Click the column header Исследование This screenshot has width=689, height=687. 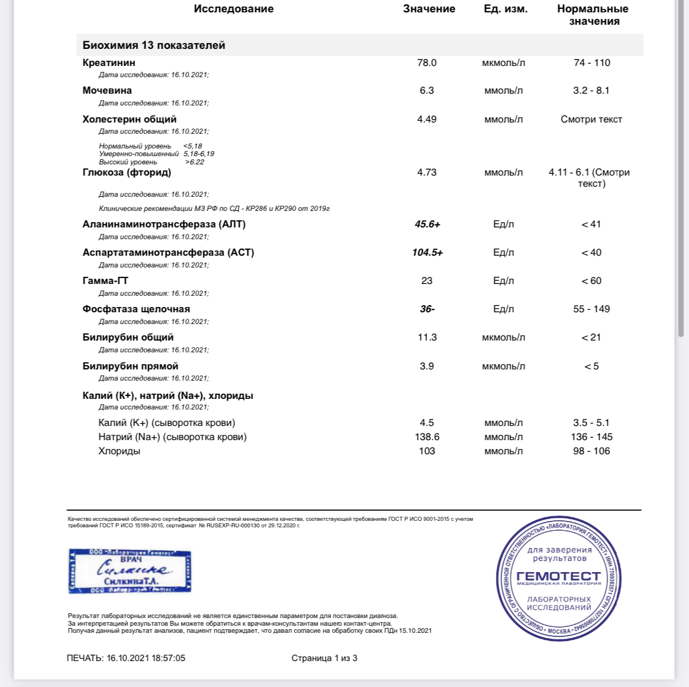pyautogui.click(x=233, y=9)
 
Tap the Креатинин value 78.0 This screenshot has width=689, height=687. pyautogui.click(x=427, y=63)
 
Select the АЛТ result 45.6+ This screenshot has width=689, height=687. pyautogui.click(x=427, y=224)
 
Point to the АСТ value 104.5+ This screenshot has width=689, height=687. pyautogui.click(x=427, y=253)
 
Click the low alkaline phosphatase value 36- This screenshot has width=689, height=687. pyautogui.click(x=427, y=309)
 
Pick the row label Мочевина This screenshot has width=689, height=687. pyautogui.click(x=107, y=91)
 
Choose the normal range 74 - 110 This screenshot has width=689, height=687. pyautogui.click(x=592, y=63)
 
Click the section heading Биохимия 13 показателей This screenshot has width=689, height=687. pyautogui.click(x=154, y=45)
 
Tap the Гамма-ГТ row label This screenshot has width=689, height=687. pyautogui.click(x=105, y=281)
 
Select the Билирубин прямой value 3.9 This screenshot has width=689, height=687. pyautogui.click(x=427, y=366)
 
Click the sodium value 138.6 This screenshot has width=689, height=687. pyautogui.click(x=427, y=437)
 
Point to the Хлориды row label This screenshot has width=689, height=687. pyautogui.click(x=119, y=451)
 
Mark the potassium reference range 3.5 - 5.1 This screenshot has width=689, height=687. pyautogui.click(x=591, y=423)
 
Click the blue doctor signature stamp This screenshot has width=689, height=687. pyautogui.click(x=130, y=571)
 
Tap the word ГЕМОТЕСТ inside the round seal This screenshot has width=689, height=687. pyautogui.click(x=558, y=576)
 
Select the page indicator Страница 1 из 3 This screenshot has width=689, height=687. pyautogui.click(x=324, y=658)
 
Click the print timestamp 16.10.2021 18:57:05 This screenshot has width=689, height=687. pyautogui.click(x=146, y=658)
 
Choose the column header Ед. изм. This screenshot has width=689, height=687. pyautogui.click(x=505, y=9)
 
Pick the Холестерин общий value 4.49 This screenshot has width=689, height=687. pyautogui.click(x=427, y=120)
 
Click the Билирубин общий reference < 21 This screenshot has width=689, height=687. pyautogui.click(x=591, y=338)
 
